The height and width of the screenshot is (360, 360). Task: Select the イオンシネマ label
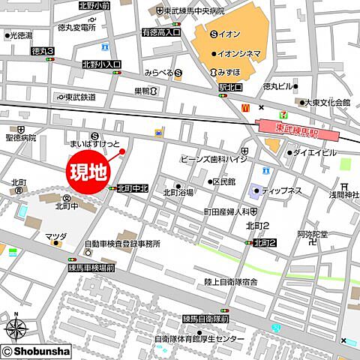(x=239, y=53)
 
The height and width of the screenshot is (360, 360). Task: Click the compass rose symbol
(x=16, y=328)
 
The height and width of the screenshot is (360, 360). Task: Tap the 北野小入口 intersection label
(x=102, y=65)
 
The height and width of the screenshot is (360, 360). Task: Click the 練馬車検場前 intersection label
(x=91, y=268)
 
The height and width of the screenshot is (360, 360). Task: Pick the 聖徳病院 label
(x=19, y=139)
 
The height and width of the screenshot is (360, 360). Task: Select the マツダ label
(x=55, y=237)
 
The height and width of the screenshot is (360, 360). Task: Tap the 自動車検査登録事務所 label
(x=122, y=244)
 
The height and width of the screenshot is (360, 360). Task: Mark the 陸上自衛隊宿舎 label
(x=231, y=281)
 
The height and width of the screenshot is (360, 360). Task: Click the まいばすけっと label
(x=94, y=142)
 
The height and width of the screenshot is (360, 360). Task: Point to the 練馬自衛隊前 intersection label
(x=204, y=319)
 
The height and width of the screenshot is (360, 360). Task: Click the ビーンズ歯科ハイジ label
(x=214, y=160)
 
